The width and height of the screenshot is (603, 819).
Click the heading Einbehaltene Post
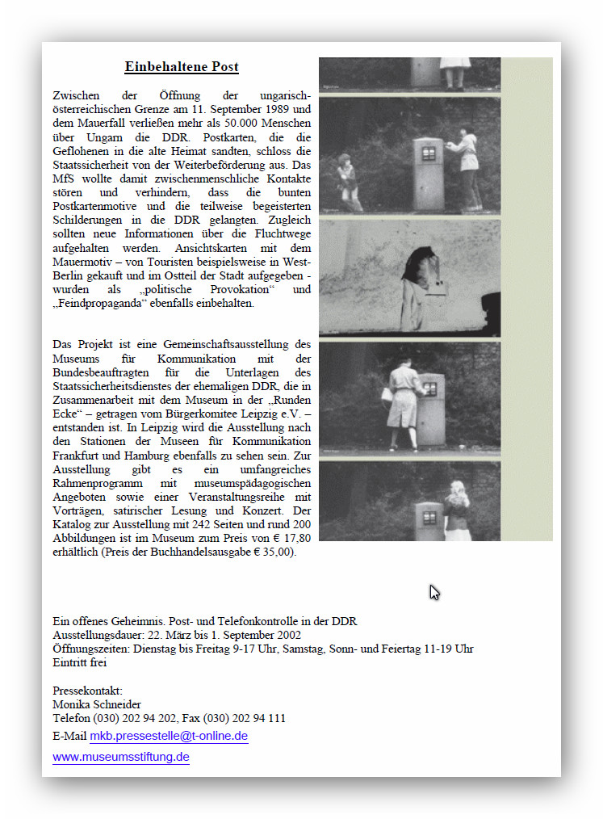182,67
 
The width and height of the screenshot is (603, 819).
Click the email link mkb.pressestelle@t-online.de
169,737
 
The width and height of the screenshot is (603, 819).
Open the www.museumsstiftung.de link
121,758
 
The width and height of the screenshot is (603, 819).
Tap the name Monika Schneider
97,704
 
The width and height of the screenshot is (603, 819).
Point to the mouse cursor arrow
433,592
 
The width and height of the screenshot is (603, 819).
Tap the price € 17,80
286,538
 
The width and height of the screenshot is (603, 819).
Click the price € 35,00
272,552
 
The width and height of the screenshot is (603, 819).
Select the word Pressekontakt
87,691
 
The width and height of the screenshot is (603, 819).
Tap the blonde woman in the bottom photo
458,511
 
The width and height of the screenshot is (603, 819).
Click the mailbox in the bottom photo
429,522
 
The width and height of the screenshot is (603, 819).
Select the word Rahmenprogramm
91,482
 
